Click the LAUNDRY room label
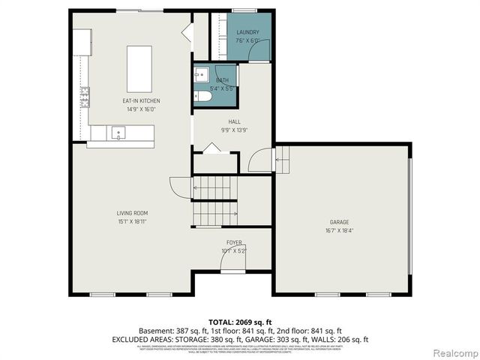(x=247, y=32)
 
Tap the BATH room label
(x=223, y=80)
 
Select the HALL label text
(x=234, y=121)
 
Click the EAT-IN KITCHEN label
(x=142, y=100)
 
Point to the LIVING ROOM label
(x=131, y=213)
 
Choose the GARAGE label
(x=340, y=222)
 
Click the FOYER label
(x=234, y=243)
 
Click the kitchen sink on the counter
(x=118, y=133)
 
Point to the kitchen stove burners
(x=85, y=97)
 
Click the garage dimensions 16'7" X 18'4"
(x=340, y=231)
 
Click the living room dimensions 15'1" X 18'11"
(x=131, y=222)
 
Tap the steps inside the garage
(x=283, y=160)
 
